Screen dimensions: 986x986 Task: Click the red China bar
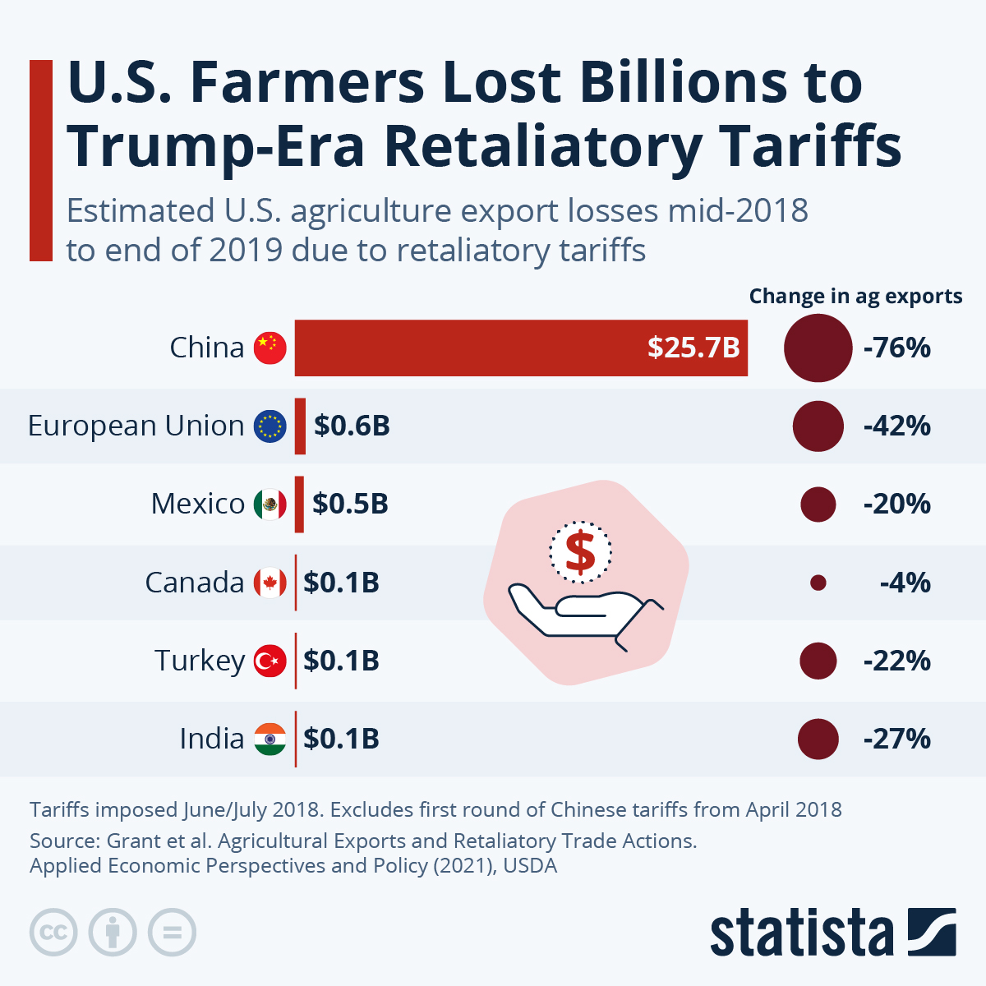493,348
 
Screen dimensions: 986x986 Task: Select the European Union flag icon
270,426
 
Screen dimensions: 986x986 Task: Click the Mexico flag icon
270,504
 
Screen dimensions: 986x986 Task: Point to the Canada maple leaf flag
270,583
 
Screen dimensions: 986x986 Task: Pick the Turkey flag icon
270,661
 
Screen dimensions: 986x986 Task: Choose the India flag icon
270,739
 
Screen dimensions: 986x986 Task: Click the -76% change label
896,348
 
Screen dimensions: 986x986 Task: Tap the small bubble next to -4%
818,583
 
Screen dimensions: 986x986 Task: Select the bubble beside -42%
818,426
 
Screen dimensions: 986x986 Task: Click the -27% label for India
896,739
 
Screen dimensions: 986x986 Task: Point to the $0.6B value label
352,426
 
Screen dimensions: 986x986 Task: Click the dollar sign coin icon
581,551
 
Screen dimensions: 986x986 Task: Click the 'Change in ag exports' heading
855,296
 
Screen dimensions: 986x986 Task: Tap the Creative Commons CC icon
53,933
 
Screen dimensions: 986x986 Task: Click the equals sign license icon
172,933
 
